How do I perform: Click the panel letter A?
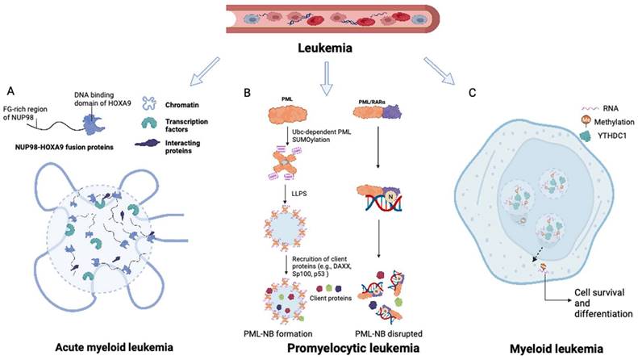click(x=10, y=90)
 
